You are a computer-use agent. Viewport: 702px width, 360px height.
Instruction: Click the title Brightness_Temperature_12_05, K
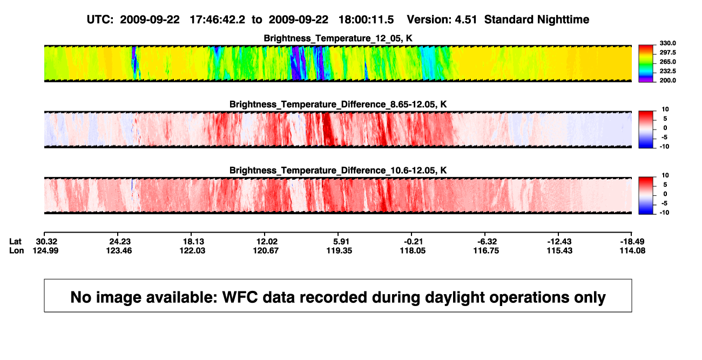(338, 38)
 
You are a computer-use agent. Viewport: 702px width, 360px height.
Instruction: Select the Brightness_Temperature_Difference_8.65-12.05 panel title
(338, 104)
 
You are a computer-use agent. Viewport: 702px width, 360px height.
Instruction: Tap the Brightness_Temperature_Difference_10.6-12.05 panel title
(338, 171)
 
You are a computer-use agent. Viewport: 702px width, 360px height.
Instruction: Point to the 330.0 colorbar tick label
(667, 43)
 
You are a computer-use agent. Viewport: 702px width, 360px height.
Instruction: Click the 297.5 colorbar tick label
(667, 53)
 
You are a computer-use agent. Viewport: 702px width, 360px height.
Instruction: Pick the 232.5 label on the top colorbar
(667, 71)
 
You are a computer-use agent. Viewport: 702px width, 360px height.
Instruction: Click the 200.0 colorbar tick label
(667, 80)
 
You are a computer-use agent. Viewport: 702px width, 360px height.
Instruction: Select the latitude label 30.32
(46, 242)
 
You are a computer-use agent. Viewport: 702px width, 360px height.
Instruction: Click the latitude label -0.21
(413, 242)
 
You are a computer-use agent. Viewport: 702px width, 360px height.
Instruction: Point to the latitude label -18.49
(632, 242)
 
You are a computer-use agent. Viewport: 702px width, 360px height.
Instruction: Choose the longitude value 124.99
(45, 250)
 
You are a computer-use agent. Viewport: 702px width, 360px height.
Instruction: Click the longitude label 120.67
(266, 250)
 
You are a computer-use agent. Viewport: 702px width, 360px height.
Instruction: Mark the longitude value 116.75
(486, 250)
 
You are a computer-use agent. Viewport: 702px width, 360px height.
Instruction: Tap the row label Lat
(15, 242)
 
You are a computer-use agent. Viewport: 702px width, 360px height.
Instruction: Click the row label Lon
(17, 250)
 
